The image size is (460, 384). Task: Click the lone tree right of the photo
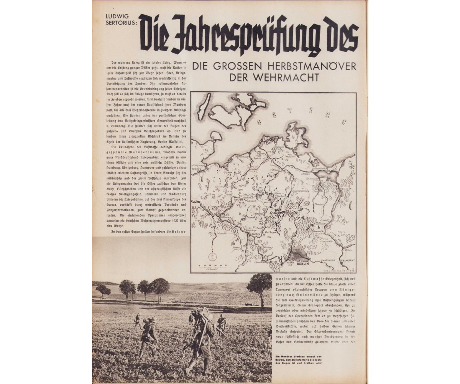260,286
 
